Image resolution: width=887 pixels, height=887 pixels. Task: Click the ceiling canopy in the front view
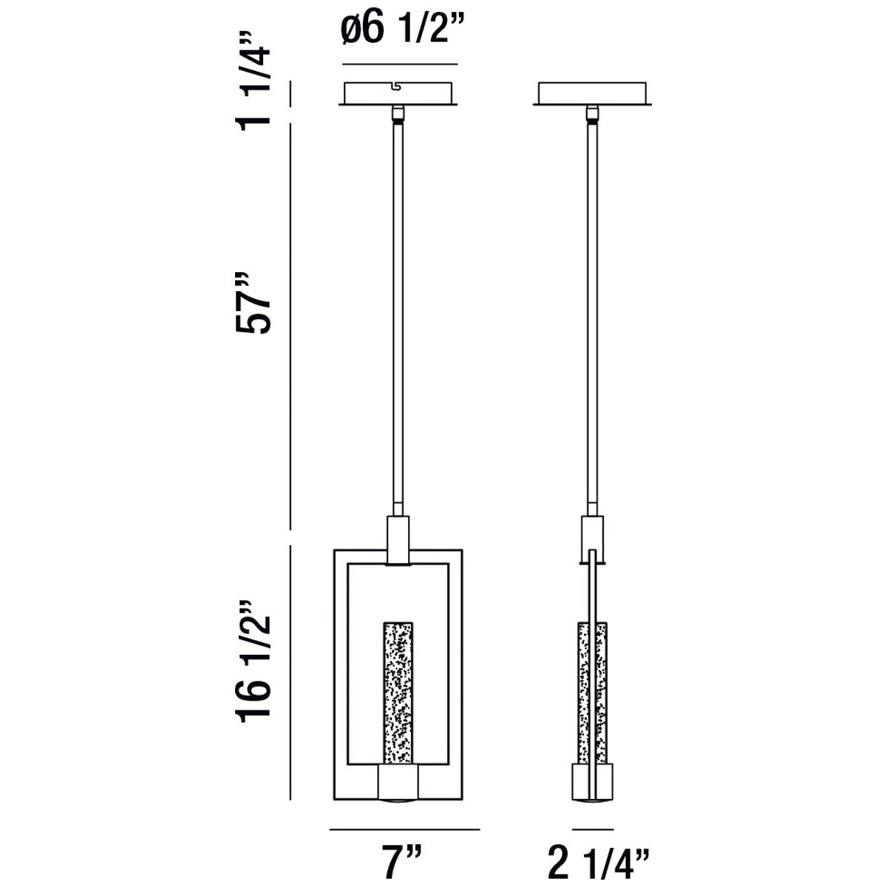click(x=399, y=93)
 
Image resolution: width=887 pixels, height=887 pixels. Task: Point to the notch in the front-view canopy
click(x=398, y=86)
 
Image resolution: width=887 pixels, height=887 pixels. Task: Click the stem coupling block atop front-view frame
click(x=398, y=540)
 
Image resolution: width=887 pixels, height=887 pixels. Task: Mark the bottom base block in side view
click(x=593, y=784)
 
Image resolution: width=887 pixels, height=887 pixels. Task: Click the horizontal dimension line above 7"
click(x=404, y=829)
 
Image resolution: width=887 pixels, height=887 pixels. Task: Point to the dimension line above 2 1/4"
click(x=594, y=829)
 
